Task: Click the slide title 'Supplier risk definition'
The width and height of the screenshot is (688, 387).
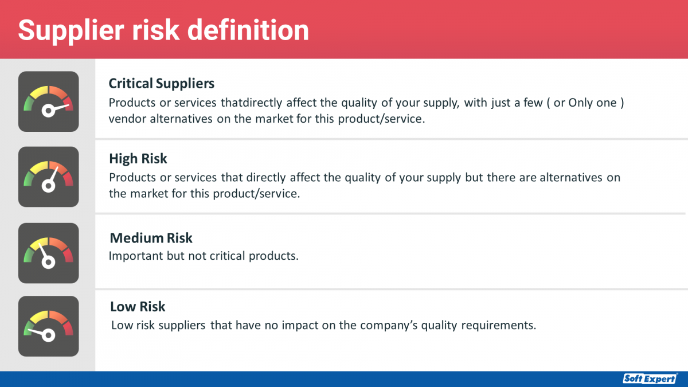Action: pos(163,30)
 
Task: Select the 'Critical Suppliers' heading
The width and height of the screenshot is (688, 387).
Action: pos(162,84)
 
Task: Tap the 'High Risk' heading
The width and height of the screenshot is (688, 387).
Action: pos(138,158)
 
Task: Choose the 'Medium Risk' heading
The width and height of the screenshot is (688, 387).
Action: pos(151,238)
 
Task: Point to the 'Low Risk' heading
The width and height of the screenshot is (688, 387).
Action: pos(138,307)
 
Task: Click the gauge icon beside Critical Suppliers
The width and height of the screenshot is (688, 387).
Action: pos(49,101)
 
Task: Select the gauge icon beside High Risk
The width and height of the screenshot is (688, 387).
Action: pos(49,177)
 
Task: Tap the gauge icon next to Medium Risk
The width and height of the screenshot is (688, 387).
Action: pos(49,253)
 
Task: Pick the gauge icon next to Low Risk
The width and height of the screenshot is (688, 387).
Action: pos(49,326)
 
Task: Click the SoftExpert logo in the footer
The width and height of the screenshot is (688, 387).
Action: pos(650,378)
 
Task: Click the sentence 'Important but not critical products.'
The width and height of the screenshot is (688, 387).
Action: pos(204,256)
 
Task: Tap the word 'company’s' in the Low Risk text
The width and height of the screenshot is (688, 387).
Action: pos(390,326)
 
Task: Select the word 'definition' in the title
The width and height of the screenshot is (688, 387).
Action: pos(249,30)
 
